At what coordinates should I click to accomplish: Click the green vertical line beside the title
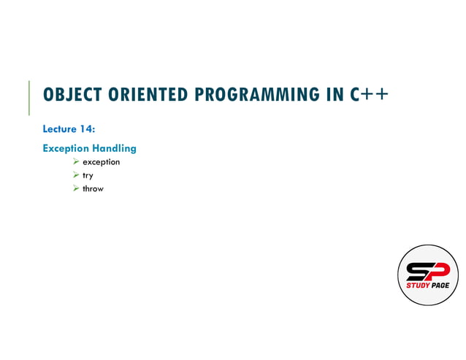[x=29, y=97]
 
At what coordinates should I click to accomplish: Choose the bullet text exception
[x=101, y=162]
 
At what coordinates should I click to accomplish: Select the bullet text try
[x=88, y=176]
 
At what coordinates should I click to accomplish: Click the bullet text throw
[x=93, y=189]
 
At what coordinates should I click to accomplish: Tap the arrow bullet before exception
[x=75, y=162]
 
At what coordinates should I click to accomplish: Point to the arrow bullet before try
[x=75, y=176]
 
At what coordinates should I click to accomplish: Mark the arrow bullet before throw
[x=75, y=189]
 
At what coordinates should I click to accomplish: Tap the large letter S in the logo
[x=419, y=271]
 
